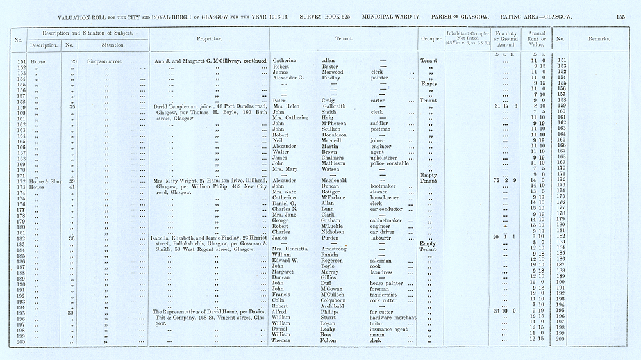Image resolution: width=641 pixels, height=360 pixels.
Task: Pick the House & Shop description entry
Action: coord(44,181)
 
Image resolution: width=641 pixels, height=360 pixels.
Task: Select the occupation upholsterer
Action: coord(386,158)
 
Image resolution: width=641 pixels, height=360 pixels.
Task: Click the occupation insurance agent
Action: coord(389,328)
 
